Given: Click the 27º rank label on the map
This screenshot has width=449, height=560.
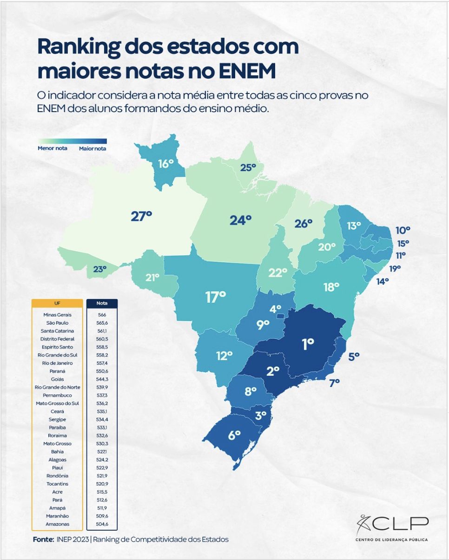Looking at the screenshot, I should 141,216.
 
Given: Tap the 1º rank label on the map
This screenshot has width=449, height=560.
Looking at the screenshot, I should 308,344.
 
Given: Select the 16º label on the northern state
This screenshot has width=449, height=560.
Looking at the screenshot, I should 165,164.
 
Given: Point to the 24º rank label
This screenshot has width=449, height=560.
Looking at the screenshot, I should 240,220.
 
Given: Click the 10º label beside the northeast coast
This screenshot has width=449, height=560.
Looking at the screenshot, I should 403,230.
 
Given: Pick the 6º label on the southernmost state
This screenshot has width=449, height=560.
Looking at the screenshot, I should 234,435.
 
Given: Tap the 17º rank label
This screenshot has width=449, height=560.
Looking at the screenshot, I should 215,296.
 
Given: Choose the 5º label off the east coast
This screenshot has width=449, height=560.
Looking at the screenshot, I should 354,357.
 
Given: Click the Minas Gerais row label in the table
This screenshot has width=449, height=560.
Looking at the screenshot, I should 58,315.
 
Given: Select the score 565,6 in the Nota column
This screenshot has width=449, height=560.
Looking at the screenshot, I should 102,323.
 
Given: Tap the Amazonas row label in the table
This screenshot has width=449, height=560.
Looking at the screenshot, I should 58,524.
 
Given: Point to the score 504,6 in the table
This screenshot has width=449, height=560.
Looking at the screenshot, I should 102,524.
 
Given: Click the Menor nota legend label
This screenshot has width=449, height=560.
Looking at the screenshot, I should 53,149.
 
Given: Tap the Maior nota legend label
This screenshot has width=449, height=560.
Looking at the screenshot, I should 92,149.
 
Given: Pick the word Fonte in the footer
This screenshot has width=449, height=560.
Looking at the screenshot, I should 43,540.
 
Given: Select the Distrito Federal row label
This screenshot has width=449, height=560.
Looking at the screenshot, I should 58,339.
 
